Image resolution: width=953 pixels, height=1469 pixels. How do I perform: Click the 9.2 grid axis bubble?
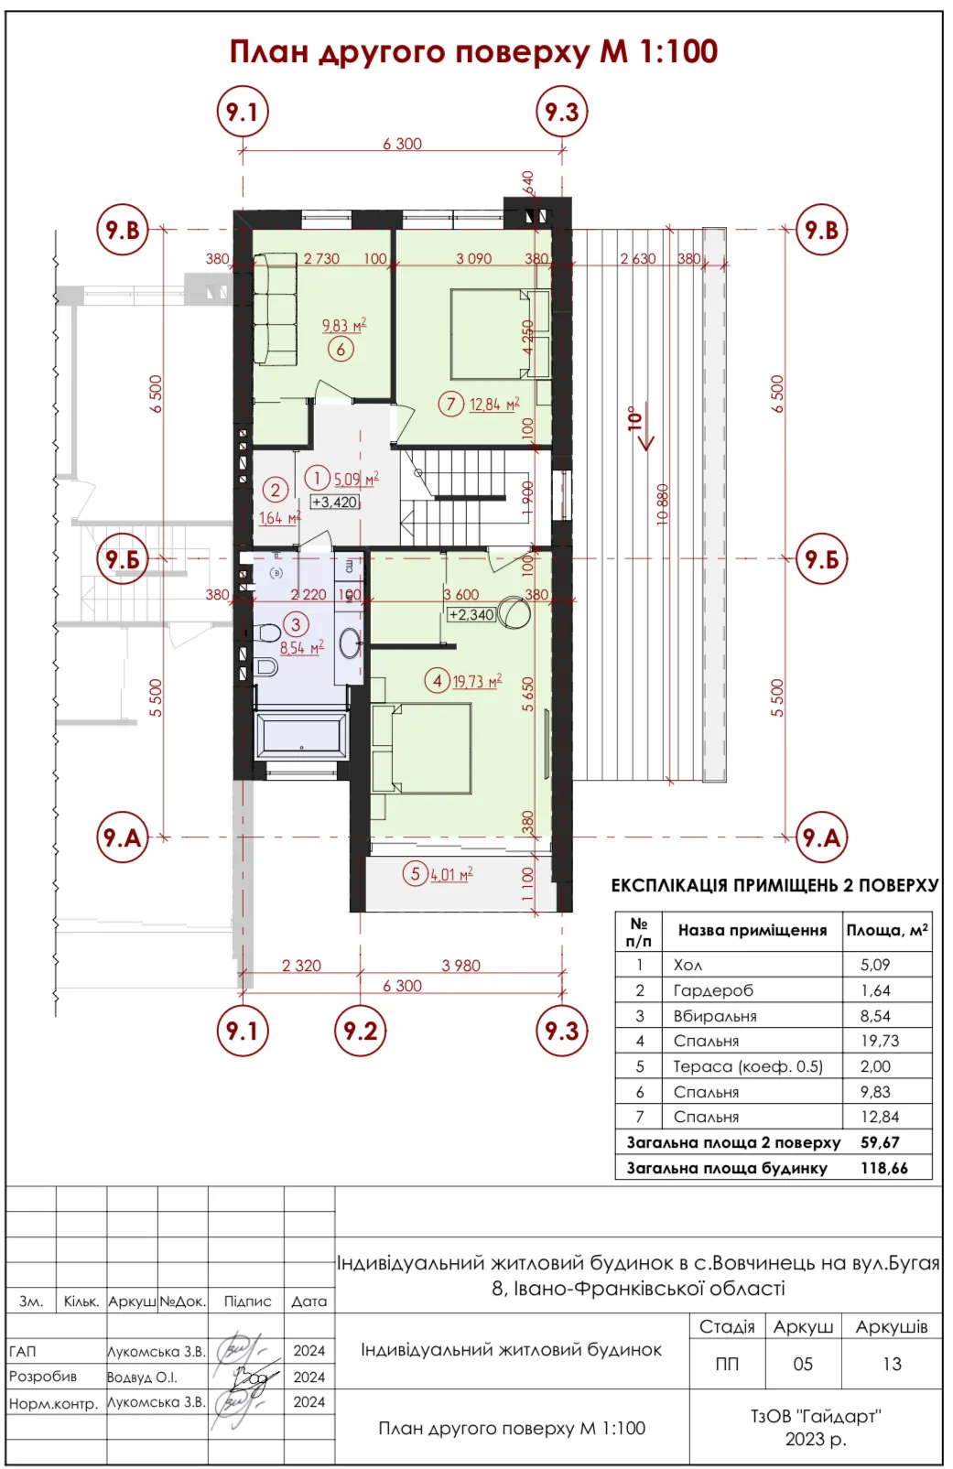pyautogui.click(x=360, y=1031)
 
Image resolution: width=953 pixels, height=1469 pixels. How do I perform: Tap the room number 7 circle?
pyautogui.click(x=450, y=404)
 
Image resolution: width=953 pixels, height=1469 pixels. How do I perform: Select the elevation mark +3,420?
pyautogui.click(x=334, y=502)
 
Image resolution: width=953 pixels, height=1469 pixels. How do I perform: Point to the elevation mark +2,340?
pyautogui.click(x=471, y=614)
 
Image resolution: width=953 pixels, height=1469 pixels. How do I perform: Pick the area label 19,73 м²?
pyautogui.click(x=478, y=681)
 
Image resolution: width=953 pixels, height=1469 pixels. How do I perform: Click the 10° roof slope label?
pyautogui.click(x=634, y=417)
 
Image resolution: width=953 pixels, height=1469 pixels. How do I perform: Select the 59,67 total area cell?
pyautogui.click(x=880, y=1142)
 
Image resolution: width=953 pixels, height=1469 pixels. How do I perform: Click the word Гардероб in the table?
pyautogui.click(x=713, y=990)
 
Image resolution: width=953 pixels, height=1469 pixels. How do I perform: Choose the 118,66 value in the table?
pyautogui.click(x=884, y=1168)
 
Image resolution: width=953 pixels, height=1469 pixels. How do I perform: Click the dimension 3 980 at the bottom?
pyautogui.click(x=460, y=966)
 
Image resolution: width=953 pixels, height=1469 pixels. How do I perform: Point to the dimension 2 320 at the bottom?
pyautogui.click(x=302, y=966)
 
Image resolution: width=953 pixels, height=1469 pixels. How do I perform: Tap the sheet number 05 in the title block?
pyautogui.click(x=803, y=1364)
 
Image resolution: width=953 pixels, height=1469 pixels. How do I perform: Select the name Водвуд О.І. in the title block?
pyautogui.click(x=142, y=1377)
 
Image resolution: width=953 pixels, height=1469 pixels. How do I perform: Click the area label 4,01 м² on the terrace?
pyautogui.click(x=451, y=874)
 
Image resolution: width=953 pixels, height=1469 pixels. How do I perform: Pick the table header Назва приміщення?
pyautogui.click(x=752, y=930)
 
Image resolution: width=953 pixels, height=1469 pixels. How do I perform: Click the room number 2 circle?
pyautogui.click(x=275, y=490)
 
